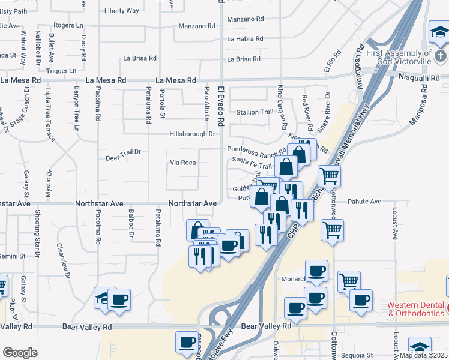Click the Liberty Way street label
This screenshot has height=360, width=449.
121,11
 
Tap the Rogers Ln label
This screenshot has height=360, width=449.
68,25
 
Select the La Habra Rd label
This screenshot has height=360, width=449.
245,39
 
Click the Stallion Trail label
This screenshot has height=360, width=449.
255,112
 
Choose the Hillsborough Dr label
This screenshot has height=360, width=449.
191,134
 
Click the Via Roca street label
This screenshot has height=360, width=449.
183,163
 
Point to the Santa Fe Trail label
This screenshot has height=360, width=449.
252,166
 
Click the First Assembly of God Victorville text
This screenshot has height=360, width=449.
399,57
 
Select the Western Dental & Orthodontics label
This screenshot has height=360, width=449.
417,309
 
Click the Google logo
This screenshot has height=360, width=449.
20,352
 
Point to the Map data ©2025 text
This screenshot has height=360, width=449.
424,355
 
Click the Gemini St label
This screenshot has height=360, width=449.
13,256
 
